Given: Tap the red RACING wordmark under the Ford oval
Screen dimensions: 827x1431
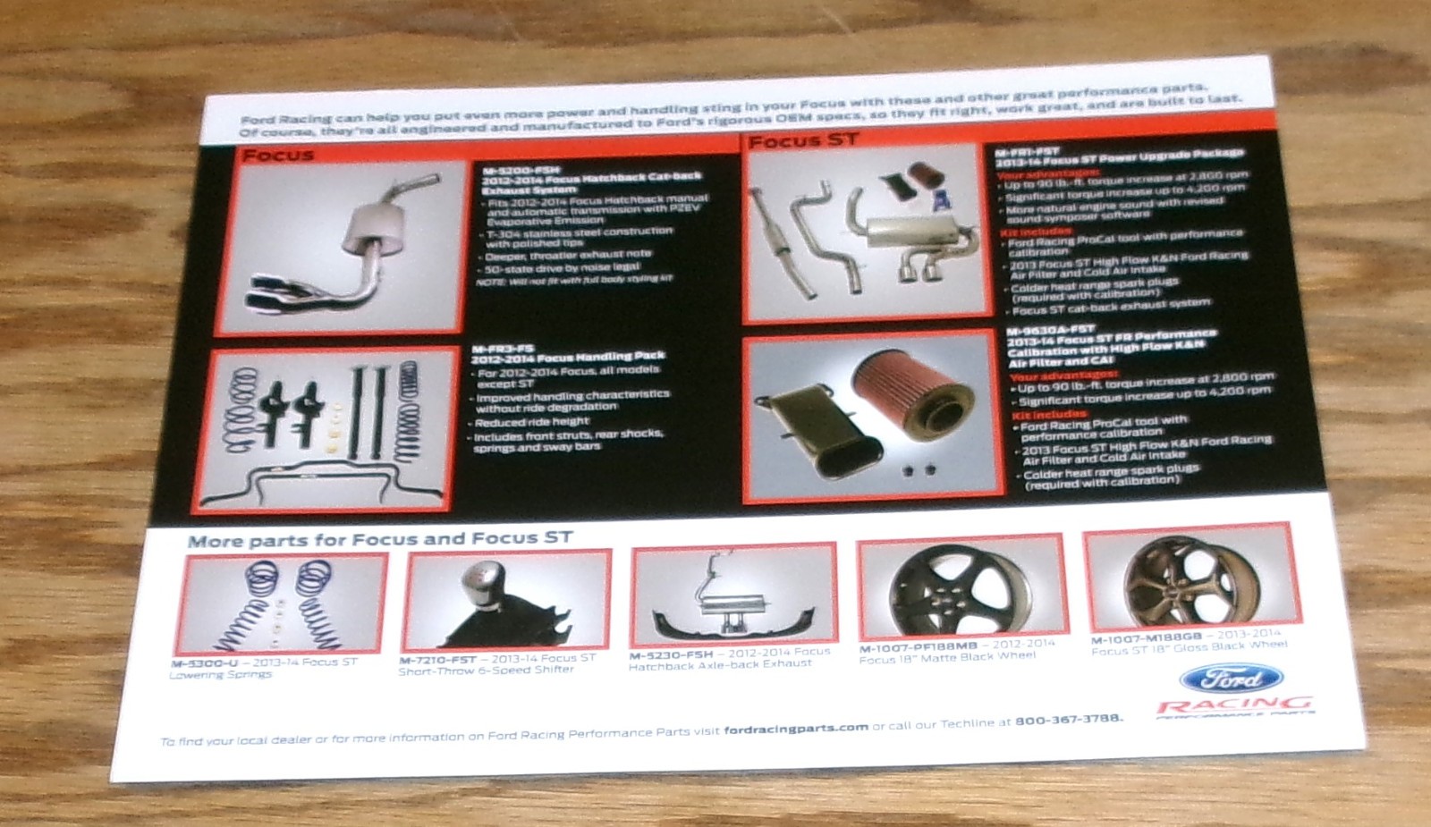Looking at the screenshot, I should (1235, 706).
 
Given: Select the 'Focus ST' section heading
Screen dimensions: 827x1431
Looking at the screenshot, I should (802, 140).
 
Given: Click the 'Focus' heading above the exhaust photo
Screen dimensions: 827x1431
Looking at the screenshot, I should (278, 155).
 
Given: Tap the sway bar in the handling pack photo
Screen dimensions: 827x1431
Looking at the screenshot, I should (322, 483).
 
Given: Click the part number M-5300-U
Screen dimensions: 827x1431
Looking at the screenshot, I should (205, 663).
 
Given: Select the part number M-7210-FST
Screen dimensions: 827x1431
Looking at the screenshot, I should (437, 660).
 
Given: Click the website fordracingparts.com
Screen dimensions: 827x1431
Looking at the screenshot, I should (795, 728).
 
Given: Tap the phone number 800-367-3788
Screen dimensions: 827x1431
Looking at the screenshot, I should (1068, 720).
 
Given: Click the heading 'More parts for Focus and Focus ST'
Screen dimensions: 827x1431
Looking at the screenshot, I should (379, 539).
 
